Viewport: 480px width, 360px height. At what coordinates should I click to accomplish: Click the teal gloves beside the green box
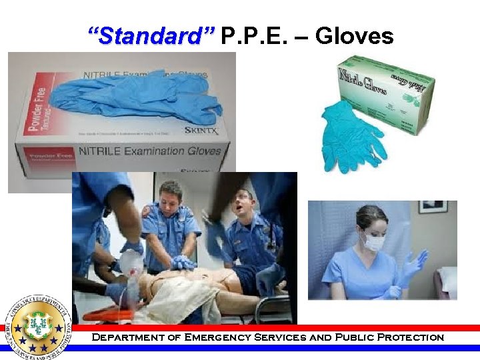click(349, 137)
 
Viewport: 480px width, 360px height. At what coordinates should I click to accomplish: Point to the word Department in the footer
click(120, 337)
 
